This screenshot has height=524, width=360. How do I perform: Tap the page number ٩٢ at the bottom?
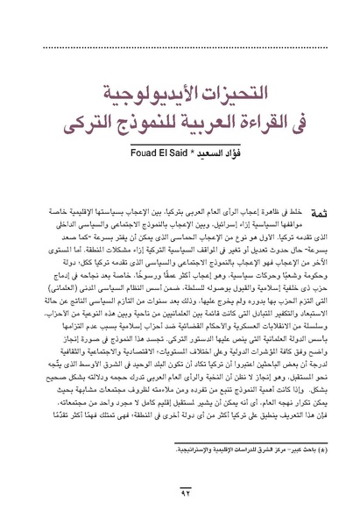[180, 497]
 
